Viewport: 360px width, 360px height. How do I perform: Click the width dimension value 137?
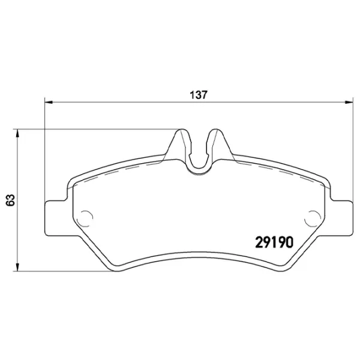199,94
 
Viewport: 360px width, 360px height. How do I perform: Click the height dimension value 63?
9,200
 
